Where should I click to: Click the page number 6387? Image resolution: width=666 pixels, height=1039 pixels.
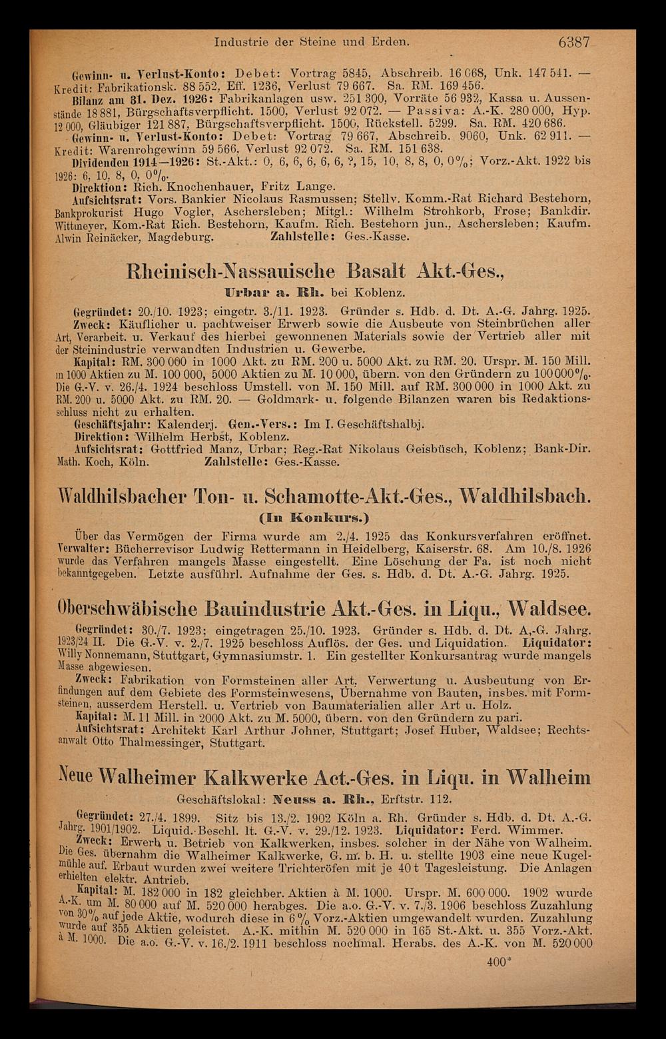tap(575, 42)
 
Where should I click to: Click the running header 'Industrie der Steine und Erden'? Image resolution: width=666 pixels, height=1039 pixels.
tap(310, 42)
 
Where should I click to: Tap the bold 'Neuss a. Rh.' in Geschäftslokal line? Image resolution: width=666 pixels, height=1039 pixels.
tap(319, 798)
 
